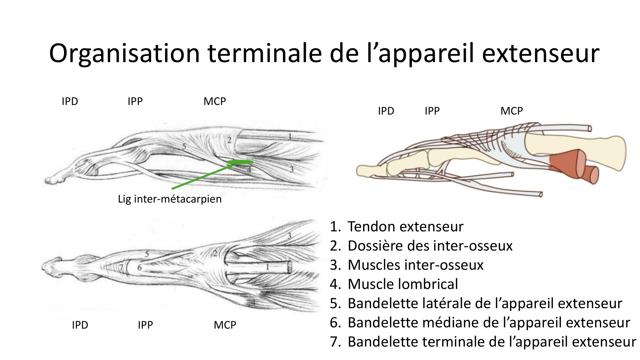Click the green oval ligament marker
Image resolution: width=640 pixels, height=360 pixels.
tap(240, 162)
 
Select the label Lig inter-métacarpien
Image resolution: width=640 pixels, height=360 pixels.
tap(170, 199)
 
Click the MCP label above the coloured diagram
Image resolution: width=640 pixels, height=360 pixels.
tap(511, 111)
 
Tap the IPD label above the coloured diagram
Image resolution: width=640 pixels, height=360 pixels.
tap(386, 111)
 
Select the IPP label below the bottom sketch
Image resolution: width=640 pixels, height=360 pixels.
tap(145, 325)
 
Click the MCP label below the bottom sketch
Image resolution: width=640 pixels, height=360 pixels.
tap(225, 325)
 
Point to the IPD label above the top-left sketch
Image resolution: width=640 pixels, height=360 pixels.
tap(70, 101)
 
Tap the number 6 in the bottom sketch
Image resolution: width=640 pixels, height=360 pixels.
tap(140, 268)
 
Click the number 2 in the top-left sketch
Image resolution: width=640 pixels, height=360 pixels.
tap(229, 140)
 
